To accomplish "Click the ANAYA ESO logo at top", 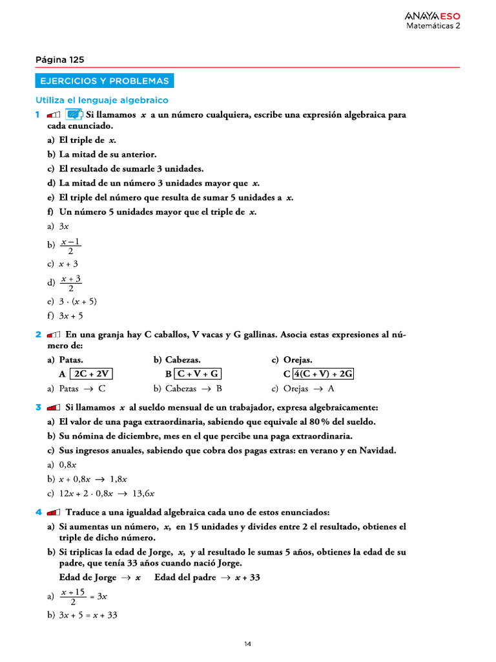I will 432,16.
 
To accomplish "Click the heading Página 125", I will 59,59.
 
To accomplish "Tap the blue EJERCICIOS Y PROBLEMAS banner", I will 104,81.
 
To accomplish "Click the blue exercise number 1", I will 38,114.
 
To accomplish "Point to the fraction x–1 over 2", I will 70,246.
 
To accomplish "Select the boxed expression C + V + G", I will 198,374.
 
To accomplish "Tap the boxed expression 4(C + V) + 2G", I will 324,374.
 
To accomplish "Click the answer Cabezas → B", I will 188,389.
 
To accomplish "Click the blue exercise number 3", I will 38,408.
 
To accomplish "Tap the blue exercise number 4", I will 38,512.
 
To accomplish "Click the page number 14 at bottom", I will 248,644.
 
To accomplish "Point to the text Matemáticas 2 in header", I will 433,27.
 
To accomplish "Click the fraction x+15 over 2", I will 72,597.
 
